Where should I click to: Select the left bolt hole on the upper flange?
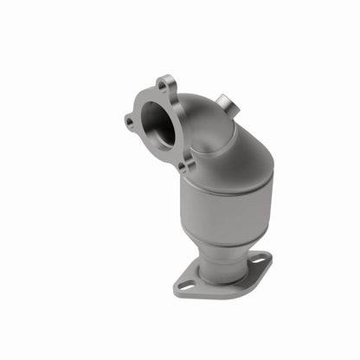(x=130, y=122)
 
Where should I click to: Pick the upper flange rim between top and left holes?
(x=141, y=98)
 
